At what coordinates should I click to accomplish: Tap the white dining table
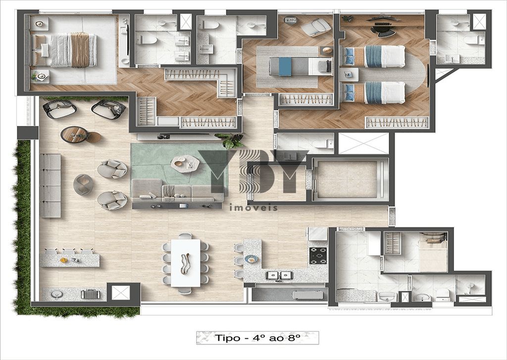coord(186,262)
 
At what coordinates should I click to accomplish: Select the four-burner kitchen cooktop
coord(318,256)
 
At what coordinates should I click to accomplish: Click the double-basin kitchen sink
coord(279,275)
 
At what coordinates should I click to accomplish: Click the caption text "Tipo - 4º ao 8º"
coord(257,338)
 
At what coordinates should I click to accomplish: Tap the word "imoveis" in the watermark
coord(253,207)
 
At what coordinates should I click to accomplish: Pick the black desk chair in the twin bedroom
coord(383,29)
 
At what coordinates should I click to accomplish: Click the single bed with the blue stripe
coord(301,66)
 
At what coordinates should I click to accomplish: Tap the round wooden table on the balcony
coord(74,134)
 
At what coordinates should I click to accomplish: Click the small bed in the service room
coord(433,255)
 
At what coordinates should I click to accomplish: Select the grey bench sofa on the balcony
coord(50,186)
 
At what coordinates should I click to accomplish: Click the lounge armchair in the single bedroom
coord(316,27)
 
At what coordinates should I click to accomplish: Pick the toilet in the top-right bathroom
coord(474,40)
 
